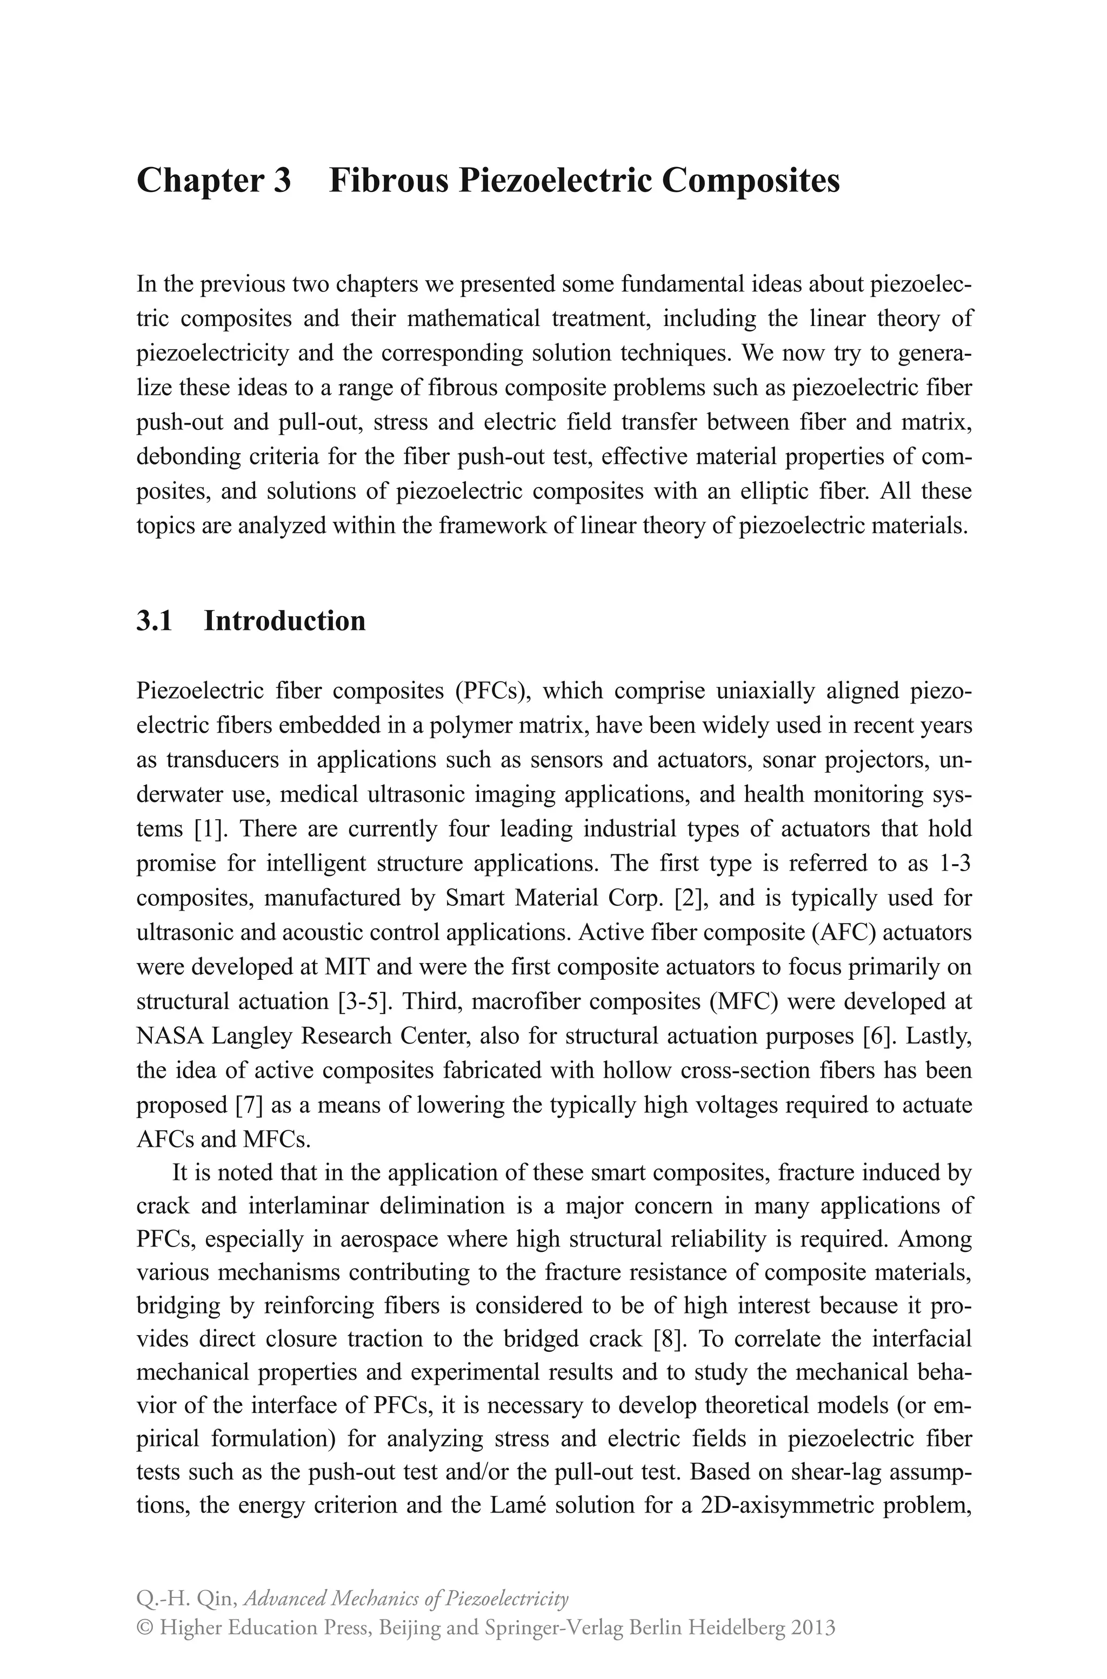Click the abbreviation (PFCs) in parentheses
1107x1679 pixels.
[x=492, y=691]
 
